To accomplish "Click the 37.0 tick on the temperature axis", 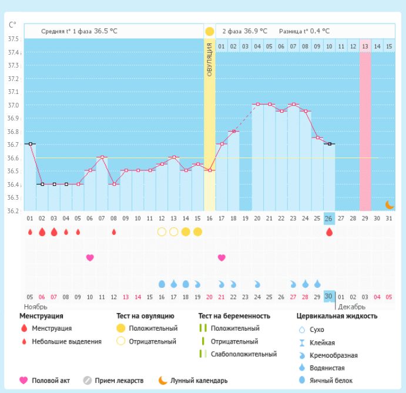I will [13, 105].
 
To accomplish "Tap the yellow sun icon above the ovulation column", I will [209, 31].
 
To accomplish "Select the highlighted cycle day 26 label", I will [329, 218].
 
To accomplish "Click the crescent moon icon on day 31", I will [389, 204].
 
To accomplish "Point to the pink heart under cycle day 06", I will [90, 257].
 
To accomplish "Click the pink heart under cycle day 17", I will [222, 257].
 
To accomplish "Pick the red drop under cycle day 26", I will [329, 232].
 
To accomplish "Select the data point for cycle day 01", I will [30, 144].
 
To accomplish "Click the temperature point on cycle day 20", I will [257, 104].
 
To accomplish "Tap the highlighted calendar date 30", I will [329, 296].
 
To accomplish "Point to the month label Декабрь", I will [352, 307].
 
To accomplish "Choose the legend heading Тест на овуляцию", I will [145, 316].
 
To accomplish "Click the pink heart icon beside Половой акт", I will [24, 381].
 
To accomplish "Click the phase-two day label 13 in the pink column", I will [365, 46].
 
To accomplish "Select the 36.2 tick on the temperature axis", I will [13, 210].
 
